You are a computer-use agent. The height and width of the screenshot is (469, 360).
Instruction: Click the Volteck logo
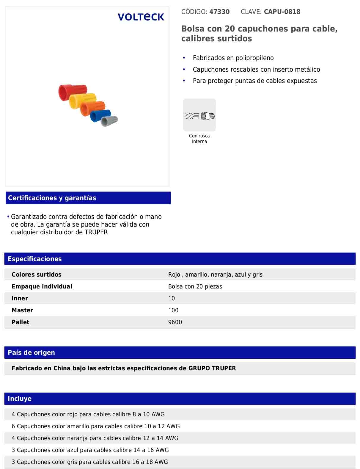(141, 17)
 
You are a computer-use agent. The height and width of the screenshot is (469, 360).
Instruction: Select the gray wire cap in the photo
(109, 121)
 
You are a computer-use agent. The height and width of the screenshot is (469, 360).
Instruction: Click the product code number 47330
(219, 12)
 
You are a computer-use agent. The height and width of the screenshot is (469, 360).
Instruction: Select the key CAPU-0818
(282, 12)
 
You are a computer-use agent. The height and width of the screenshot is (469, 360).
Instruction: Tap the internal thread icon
(199, 115)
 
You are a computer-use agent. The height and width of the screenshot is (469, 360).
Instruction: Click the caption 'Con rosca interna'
(199, 139)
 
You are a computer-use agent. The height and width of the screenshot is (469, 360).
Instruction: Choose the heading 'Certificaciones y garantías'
(52, 198)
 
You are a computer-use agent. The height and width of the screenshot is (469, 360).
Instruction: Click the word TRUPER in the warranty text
(96, 232)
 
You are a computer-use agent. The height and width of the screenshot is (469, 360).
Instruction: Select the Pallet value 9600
(175, 322)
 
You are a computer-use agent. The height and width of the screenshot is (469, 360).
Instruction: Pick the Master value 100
(173, 310)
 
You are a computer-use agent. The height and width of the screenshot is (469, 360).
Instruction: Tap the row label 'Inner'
(20, 298)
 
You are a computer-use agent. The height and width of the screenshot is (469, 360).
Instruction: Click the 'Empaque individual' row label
(42, 286)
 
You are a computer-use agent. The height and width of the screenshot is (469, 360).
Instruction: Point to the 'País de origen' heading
(31, 353)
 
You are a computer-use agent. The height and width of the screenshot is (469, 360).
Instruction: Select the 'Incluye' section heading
(20, 399)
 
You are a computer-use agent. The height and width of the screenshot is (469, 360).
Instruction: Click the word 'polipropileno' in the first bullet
(254, 58)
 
